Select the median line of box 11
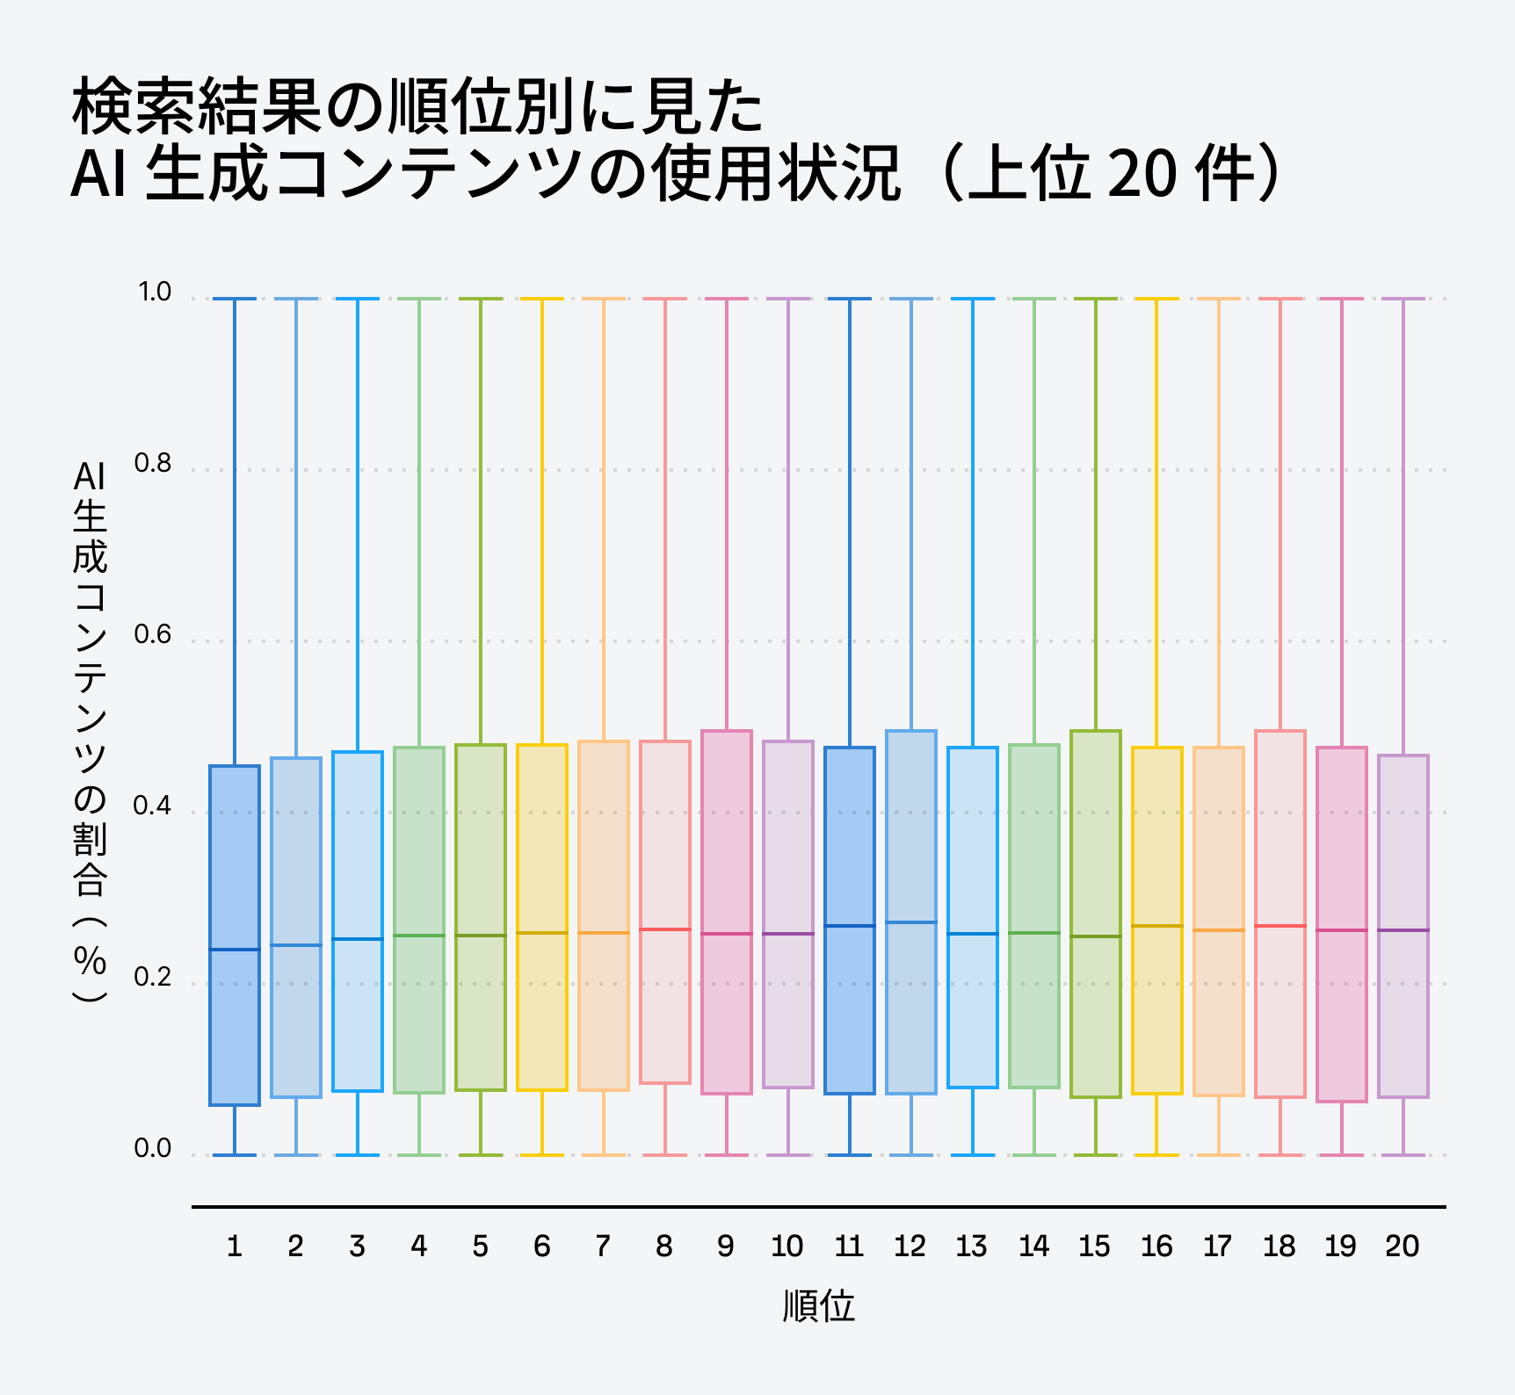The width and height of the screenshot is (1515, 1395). click(x=850, y=926)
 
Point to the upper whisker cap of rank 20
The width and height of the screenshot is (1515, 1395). click(x=1403, y=299)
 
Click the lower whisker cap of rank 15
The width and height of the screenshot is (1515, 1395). click(x=1096, y=1154)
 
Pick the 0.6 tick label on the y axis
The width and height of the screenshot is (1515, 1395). click(x=153, y=635)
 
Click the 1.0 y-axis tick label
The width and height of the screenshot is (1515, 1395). click(x=155, y=293)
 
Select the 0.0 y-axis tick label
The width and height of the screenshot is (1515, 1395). click(x=153, y=1149)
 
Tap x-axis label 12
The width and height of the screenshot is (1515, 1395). click(x=910, y=1246)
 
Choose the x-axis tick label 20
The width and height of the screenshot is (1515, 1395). click(x=1403, y=1246)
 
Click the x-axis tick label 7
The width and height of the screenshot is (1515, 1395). click(x=603, y=1246)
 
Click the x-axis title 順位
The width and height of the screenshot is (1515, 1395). click(x=818, y=1306)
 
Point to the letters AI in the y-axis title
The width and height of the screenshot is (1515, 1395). click(x=90, y=478)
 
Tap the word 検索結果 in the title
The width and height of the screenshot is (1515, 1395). click(x=198, y=107)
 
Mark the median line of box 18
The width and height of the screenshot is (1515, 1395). click(x=1280, y=926)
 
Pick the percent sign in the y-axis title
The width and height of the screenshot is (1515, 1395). click(x=90, y=961)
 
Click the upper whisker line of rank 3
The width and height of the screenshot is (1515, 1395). click(x=358, y=527)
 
